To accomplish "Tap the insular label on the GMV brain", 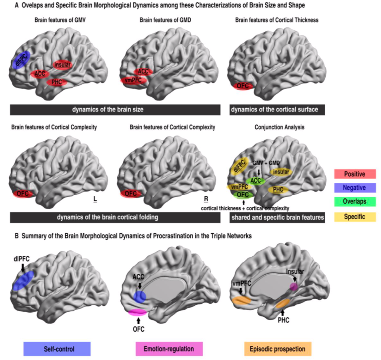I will [62, 65].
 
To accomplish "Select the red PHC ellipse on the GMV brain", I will [56, 82].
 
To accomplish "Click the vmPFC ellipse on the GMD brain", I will [131, 80].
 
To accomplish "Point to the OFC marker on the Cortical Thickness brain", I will [243, 86].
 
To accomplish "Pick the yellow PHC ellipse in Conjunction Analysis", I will [278, 190].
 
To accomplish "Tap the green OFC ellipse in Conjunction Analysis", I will [243, 195].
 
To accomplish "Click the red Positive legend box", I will [355, 173].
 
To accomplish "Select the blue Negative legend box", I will [355, 188].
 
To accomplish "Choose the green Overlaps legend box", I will [355, 202].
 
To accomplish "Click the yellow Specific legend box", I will [355, 216].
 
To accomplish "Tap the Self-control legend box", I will [57, 349].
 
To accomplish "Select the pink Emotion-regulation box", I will [169, 349].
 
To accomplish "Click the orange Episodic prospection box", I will [278, 349].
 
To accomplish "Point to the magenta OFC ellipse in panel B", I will [138, 312].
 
